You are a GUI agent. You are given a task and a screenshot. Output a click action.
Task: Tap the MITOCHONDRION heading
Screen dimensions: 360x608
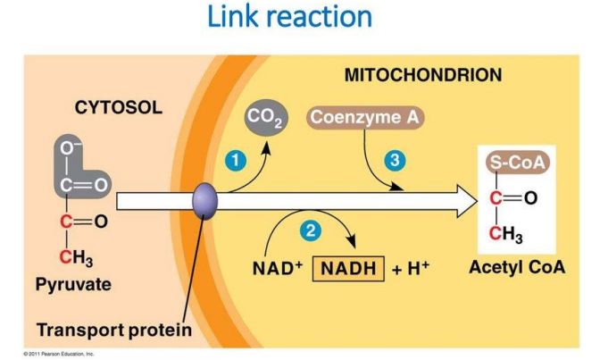[422, 75]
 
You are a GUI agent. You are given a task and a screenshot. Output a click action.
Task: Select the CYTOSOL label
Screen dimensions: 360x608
[118, 108]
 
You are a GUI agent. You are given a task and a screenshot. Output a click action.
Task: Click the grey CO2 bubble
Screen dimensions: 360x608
[264, 117]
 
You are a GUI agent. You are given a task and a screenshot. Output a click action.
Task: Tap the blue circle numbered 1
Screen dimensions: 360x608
[234, 160]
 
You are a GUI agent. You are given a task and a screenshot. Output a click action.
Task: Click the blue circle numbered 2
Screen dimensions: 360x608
[310, 230]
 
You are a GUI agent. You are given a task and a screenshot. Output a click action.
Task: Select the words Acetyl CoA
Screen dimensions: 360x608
[517, 267]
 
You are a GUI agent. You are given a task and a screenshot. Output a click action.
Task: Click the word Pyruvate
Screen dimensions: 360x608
[73, 285]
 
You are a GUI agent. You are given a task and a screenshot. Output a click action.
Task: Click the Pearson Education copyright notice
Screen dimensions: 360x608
[59, 354]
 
